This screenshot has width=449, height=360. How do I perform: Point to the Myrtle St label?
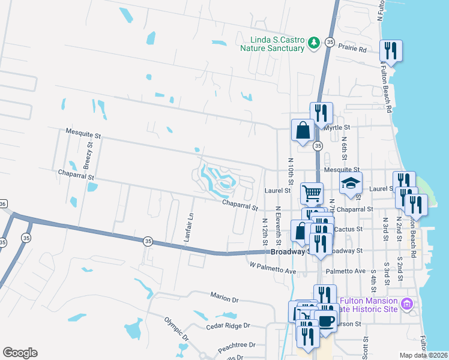[337, 128]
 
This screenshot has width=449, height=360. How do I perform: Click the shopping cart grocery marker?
[312, 193]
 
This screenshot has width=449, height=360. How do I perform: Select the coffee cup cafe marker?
[326, 322]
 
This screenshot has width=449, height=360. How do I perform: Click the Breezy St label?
[88, 154]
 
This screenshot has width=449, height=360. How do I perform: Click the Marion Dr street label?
[224, 298]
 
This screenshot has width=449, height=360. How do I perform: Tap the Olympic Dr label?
[176, 328]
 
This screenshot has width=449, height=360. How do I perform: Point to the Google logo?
[20, 353]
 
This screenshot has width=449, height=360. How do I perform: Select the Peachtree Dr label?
[237, 346]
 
